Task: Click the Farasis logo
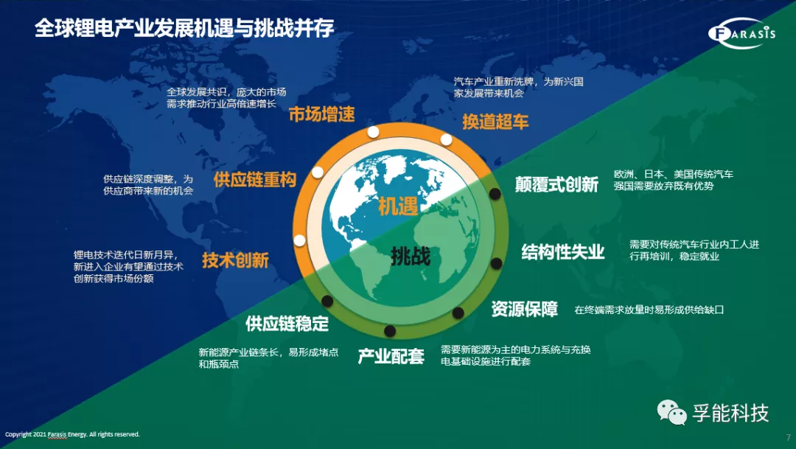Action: tap(741, 33)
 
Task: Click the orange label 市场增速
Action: tap(322, 114)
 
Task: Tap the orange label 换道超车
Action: tap(495, 122)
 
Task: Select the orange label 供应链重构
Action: tap(255, 179)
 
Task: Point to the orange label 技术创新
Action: tap(235, 260)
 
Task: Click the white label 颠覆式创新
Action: tap(557, 184)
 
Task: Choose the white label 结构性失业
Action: tap(563, 251)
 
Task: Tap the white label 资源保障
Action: tap(525, 309)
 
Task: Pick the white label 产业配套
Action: tap(391, 356)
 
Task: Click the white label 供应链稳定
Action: tap(287, 324)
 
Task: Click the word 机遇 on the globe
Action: tap(398, 206)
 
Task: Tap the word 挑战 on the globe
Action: tap(411, 256)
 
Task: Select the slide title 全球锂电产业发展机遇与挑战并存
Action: tap(184, 28)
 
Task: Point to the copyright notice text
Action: tap(72, 434)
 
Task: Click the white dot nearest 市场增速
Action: tap(373, 133)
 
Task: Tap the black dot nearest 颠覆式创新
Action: tap(495, 193)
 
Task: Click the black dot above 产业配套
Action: tap(390, 331)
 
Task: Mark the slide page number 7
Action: tap(788, 437)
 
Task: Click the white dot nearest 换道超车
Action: tap(446, 139)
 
